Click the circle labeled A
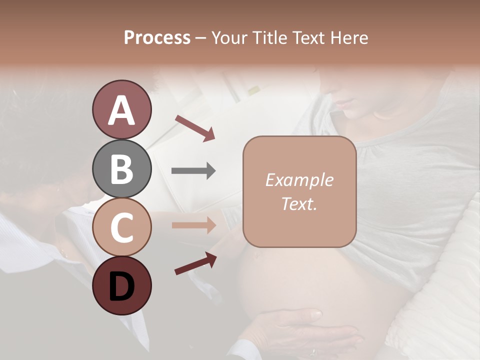[121, 109]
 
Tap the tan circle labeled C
[121, 227]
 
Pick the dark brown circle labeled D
[121, 285]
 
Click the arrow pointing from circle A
[194, 128]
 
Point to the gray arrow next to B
[193, 171]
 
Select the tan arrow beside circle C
[193, 225]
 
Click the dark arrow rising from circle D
[195, 263]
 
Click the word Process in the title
[157, 37]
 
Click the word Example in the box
[299, 180]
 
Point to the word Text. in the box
[299, 203]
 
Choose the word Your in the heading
[228, 37]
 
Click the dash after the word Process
[201, 38]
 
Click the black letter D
[121, 285]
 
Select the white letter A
[121, 109]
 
